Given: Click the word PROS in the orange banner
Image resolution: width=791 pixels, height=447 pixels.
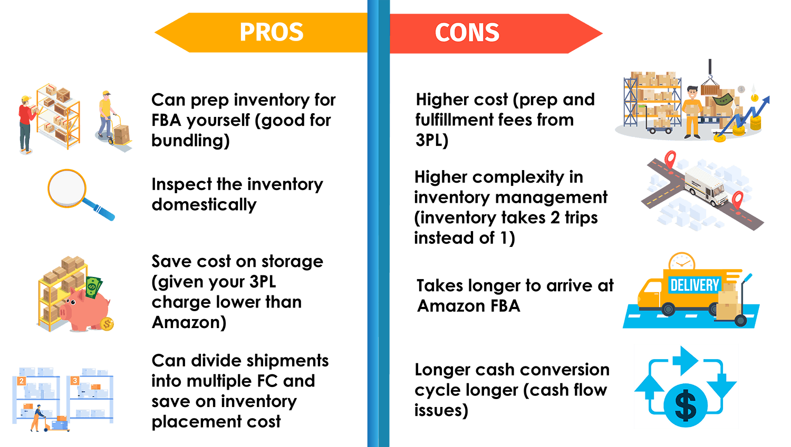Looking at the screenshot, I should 271,32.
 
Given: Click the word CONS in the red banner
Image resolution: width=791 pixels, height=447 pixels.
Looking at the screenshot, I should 467,33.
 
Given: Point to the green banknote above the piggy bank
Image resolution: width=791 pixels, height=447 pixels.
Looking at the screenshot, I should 93,287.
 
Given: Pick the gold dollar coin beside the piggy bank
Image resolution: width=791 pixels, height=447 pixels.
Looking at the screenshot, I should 107,324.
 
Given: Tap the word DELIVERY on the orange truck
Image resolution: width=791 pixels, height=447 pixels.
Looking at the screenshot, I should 694,285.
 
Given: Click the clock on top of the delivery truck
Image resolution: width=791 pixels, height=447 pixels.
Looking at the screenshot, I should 682,262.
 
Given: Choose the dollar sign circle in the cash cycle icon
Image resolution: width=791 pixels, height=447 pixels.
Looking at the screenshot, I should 685,405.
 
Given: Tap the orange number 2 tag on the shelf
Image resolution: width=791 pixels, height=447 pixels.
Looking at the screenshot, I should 22,381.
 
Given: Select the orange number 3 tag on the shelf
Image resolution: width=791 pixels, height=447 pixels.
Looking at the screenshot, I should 75,381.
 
